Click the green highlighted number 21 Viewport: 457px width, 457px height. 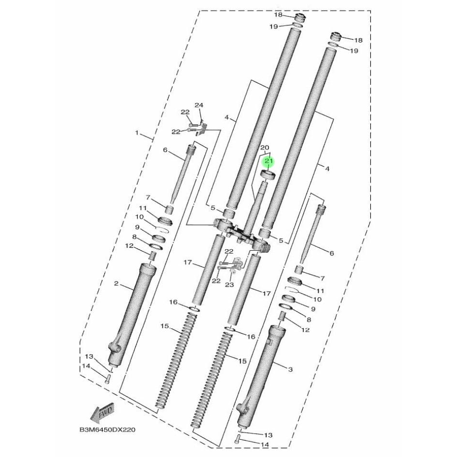click(268, 161)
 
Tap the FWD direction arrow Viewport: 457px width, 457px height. click(102, 412)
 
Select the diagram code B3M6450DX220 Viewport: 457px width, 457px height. click(107, 430)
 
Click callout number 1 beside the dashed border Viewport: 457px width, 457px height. click(137, 133)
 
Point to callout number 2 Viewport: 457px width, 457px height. click(116, 283)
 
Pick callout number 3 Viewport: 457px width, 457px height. click(290, 370)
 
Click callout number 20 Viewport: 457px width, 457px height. click(265, 148)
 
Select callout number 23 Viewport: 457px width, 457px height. click(229, 284)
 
